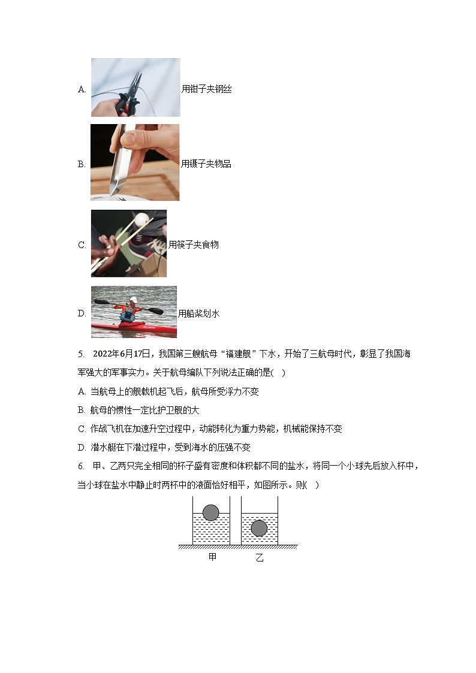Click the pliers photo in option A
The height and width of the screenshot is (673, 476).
[x=135, y=87]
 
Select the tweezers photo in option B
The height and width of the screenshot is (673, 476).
[x=135, y=162]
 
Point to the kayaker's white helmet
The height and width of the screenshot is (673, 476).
[x=133, y=300]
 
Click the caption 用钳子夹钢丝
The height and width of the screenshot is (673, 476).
[x=206, y=89]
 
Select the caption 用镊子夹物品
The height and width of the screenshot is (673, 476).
[x=206, y=164]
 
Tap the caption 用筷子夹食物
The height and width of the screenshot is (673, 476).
[x=193, y=245]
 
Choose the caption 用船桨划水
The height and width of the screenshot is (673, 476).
[x=198, y=313]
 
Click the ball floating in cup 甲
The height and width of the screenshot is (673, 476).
[x=211, y=512]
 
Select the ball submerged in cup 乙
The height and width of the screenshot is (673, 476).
[x=259, y=528]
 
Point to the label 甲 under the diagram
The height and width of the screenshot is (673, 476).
[x=212, y=557]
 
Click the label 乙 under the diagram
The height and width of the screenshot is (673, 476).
[x=259, y=558]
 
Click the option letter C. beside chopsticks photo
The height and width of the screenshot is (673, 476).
[x=82, y=245]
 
